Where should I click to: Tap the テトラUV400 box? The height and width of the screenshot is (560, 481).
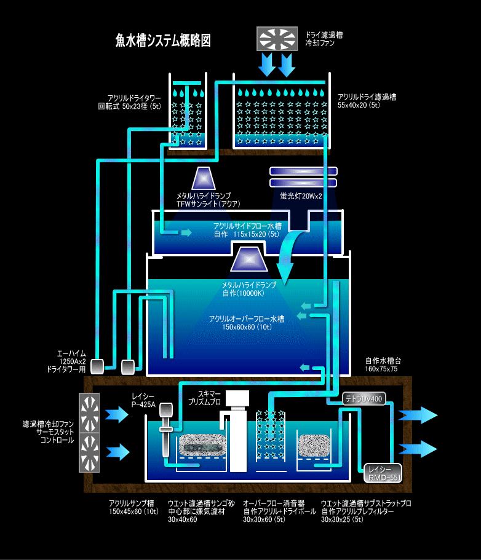click(x=364, y=398)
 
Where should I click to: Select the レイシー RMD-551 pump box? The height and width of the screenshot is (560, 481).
click(x=383, y=472)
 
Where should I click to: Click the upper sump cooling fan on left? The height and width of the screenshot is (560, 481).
click(x=89, y=413)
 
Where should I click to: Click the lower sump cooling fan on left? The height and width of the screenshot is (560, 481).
click(x=89, y=452)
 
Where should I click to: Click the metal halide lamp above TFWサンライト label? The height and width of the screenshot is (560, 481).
click(x=204, y=178)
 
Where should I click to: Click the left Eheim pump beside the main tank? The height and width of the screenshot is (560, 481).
click(x=98, y=366)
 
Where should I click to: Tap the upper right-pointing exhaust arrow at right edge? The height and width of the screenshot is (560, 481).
click(x=418, y=416)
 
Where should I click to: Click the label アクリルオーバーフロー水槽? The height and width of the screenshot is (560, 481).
click(x=246, y=319)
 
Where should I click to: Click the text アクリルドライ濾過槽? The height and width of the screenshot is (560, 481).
click(x=367, y=97)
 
